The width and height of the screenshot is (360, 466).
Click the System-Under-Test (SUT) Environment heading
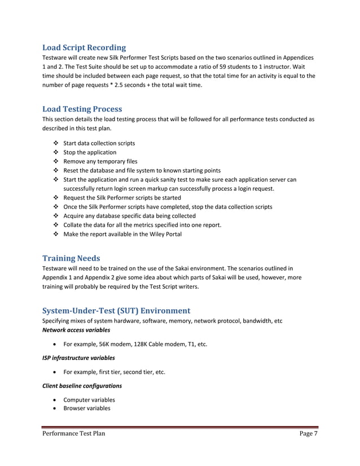point(116,310)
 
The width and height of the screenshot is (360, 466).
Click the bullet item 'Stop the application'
point(90,152)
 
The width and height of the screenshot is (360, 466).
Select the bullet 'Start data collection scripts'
point(99,143)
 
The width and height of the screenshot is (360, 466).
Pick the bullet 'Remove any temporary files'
point(100,161)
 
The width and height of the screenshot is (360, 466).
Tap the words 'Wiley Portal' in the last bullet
point(163,234)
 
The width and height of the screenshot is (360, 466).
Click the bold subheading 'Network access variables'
point(76,329)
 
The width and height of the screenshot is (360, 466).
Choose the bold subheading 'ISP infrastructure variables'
point(79,358)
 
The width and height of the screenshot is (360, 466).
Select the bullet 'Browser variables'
point(87,408)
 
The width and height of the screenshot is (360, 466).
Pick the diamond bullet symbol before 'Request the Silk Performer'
point(55,198)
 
